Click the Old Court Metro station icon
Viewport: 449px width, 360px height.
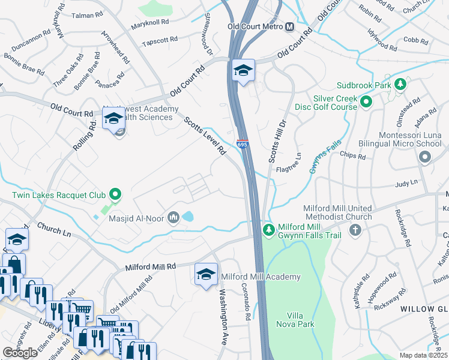click(x=290, y=27)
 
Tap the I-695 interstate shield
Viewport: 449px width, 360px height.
click(x=242, y=145)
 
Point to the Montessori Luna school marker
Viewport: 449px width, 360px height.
click(x=425, y=157)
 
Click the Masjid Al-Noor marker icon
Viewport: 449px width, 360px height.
click(x=173, y=216)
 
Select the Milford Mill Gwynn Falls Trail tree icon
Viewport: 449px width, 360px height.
click(x=269, y=230)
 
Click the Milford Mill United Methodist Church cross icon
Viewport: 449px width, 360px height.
click(x=355, y=230)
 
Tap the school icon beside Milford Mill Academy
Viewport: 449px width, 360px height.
click(x=206, y=275)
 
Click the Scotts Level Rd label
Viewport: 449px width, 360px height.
click(x=205, y=136)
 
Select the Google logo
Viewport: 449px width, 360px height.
click(x=20, y=352)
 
